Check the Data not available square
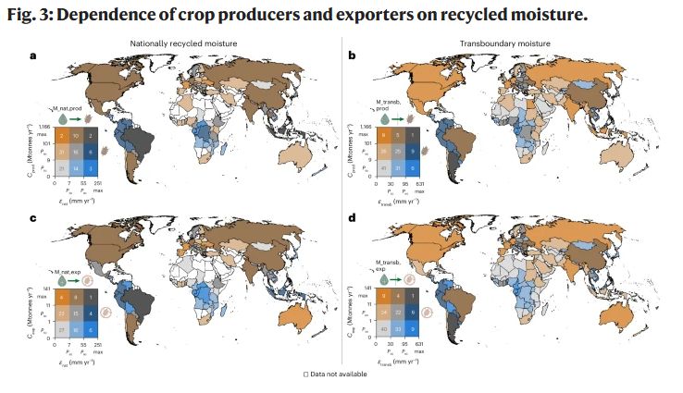pos(306,374)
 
